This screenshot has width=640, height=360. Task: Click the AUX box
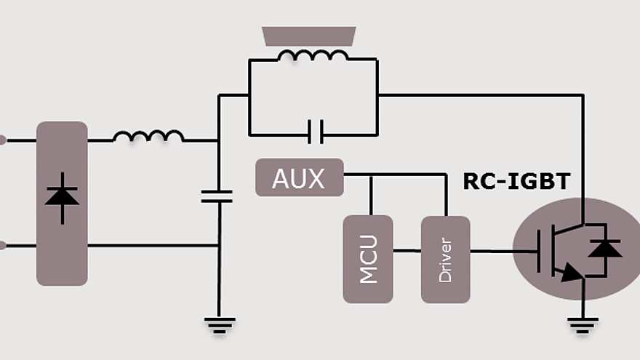[299, 177]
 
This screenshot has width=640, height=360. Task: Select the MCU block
[368, 258]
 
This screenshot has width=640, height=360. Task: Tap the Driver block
[445, 259]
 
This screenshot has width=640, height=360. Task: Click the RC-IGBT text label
[516, 182]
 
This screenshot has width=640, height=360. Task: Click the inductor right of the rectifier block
[148, 136]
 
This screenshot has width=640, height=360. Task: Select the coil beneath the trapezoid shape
[312, 56]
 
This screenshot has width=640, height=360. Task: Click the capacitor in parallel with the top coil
[315, 132]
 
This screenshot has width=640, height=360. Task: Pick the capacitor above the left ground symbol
[217, 196]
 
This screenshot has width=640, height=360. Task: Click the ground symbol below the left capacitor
[218, 325]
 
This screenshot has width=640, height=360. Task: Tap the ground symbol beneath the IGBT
[583, 324]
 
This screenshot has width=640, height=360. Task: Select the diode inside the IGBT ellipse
[605, 249]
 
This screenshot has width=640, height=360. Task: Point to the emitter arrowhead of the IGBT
[571, 273]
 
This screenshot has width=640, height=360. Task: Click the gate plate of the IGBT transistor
[539, 251]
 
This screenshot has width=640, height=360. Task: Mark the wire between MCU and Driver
[407, 251]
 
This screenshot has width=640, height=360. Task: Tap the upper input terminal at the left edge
[2, 140]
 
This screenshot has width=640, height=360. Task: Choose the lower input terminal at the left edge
[2, 245]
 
